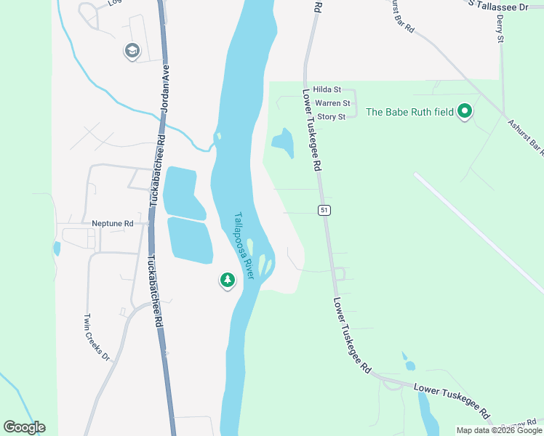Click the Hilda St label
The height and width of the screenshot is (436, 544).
click(327, 90)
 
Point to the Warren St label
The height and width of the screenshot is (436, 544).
click(332, 104)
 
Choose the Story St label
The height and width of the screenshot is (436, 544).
click(330, 117)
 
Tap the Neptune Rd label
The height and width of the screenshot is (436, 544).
click(113, 224)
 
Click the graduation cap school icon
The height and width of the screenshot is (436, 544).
click(132, 51)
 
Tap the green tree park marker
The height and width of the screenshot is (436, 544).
click(228, 280)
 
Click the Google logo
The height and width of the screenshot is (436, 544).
click(24, 427)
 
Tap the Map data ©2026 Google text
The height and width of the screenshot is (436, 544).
click(498, 430)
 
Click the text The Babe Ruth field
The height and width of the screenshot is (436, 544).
click(409, 112)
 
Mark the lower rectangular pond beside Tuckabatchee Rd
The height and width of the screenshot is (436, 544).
click(190, 240)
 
